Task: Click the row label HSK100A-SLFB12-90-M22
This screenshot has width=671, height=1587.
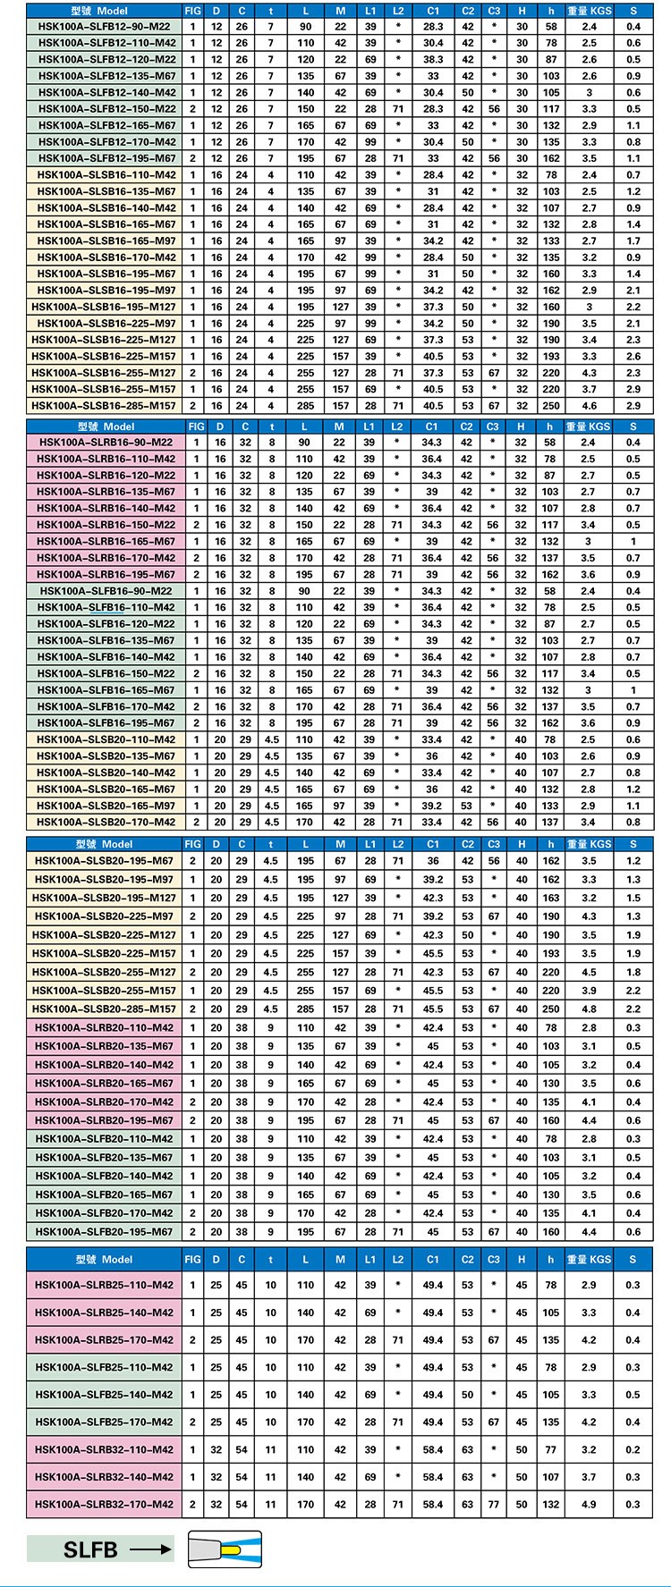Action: click(x=105, y=27)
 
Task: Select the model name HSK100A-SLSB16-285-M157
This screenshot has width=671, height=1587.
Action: click(x=105, y=406)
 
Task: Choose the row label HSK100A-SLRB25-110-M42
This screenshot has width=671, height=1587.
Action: click(x=105, y=1285)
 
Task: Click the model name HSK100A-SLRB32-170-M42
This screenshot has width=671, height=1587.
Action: click(x=105, y=1504)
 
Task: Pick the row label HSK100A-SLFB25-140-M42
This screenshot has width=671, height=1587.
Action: click(x=105, y=1395)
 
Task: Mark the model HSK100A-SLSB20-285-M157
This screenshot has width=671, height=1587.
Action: click(x=105, y=1009)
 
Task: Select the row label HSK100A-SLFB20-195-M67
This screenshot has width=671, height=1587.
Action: click(x=105, y=1231)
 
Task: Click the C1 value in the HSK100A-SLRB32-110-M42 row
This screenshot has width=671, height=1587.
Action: click(x=433, y=1449)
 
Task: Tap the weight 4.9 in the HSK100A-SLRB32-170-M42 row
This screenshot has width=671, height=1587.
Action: click(x=588, y=1504)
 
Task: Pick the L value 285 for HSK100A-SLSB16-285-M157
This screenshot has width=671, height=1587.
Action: click(x=306, y=406)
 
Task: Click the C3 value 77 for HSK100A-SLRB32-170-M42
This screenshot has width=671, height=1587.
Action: click(x=494, y=1504)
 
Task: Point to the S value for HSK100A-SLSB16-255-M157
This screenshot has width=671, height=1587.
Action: click(x=633, y=389)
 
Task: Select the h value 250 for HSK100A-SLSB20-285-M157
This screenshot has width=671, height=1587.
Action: click(x=551, y=1009)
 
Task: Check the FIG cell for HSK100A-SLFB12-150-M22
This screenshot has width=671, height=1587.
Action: click(x=192, y=109)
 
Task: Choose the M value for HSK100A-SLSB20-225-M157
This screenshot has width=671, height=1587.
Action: click(x=340, y=953)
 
